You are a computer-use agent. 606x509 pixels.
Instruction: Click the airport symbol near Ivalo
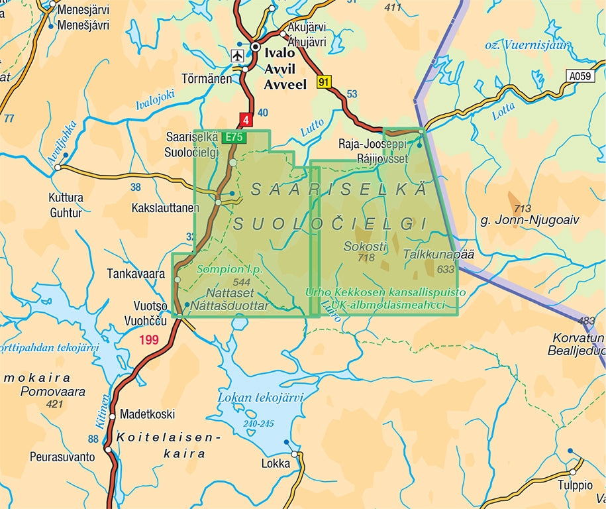point(237,55)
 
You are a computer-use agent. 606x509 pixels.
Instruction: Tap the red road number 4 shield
point(246,121)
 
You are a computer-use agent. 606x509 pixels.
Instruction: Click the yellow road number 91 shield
point(323,82)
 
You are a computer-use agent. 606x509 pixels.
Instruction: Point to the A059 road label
point(580,76)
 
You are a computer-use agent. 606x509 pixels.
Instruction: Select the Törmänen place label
point(208,79)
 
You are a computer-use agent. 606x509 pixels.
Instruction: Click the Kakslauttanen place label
point(165,208)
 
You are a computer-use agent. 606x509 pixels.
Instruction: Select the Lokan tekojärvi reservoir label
point(260,398)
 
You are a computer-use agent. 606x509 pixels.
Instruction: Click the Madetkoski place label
point(147,414)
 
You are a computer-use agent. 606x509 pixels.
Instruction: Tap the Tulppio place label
point(574,485)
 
